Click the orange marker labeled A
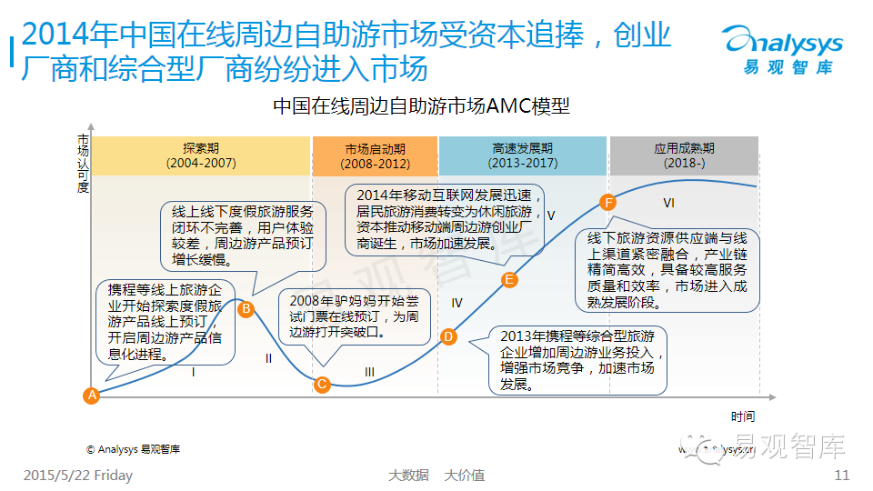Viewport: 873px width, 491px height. click(x=91, y=395)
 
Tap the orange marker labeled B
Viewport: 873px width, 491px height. click(x=246, y=309)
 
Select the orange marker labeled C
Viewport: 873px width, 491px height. click(x=321, y=384)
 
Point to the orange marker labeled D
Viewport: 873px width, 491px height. click(x=447, y=337)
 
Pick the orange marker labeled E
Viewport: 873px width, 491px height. click(x=509, y=279)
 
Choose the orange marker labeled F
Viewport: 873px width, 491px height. click(x=608, y=202)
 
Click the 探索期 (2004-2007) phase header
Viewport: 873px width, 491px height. click(x=201, y=155)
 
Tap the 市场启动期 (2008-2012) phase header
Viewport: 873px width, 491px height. click(x=375, y=155)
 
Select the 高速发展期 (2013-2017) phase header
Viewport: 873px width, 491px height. click(x=522, y=155)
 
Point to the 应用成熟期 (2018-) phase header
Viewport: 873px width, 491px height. click(x=684, y=155)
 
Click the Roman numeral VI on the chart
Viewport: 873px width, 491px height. click(x=668, y=202)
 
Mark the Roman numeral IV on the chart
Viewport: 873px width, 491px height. click(x=457, y=303)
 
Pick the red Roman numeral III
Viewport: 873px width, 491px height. click(x=369, y=372)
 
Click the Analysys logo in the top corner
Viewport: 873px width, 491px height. click(x=781, y=50)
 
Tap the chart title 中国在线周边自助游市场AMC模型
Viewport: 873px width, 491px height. click(x=422, y=106)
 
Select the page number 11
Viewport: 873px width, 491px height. click(x=841, y=475)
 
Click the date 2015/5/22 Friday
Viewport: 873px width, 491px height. click(x=77, y=475)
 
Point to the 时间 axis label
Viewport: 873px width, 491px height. click(x=743, y=416)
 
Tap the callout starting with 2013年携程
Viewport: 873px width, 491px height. click(x=577, y=359)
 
